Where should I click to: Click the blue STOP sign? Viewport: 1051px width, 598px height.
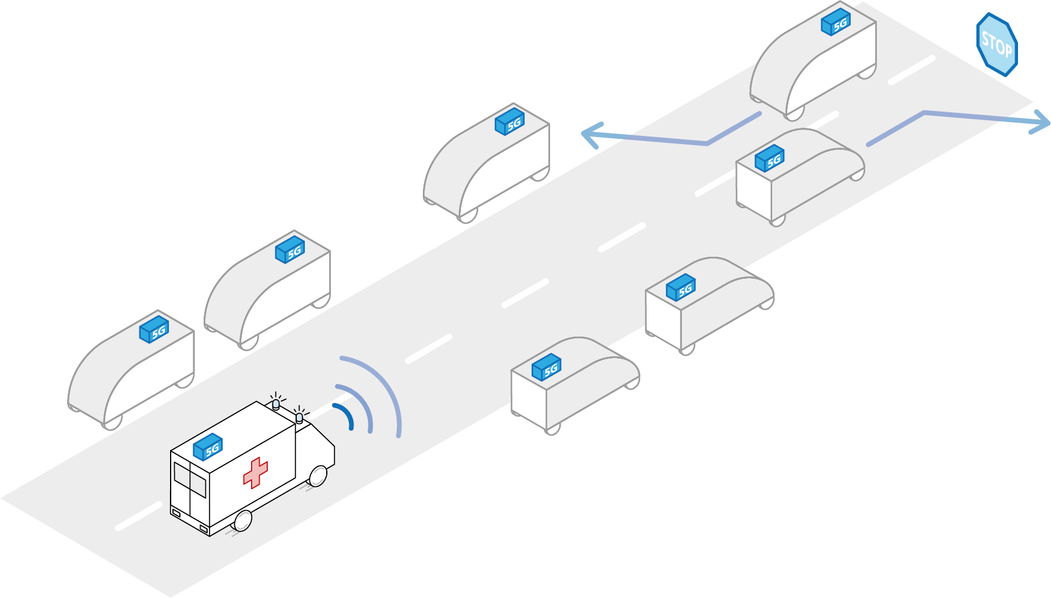[997, 45]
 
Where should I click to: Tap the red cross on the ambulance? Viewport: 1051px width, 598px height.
[255, 473]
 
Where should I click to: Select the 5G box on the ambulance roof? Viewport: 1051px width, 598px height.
[208, 447]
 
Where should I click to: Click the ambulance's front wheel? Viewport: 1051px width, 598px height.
[318, 476]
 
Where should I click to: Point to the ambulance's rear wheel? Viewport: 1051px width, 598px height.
[242, 521]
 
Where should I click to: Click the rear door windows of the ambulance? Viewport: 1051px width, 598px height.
[190, 479]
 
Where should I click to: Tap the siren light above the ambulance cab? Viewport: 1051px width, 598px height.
[299, 417]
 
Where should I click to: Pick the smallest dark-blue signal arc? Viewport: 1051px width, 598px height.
[345, 415]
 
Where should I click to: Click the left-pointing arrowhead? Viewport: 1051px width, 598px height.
[593, 135]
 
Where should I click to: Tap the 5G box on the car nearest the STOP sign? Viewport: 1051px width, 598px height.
[836, 23]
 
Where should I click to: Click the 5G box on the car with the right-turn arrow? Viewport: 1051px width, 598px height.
[769, 158]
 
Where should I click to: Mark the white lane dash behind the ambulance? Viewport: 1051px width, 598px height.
[139, 516]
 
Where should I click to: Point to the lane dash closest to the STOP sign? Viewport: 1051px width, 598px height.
[912, 71]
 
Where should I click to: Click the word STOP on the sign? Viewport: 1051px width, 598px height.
[997, 44]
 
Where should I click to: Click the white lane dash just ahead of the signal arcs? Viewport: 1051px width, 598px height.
[429, 349]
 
